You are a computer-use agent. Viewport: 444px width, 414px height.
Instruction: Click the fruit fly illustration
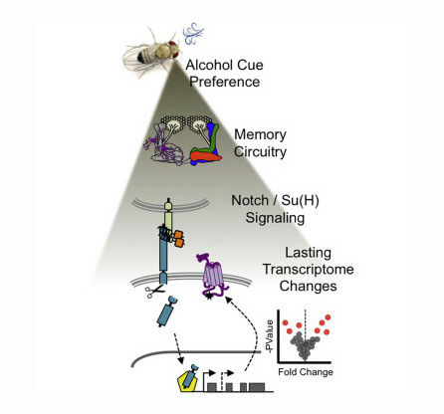151,52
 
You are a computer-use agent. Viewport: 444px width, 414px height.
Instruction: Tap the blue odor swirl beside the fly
193,34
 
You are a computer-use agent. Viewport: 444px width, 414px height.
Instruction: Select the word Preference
224,82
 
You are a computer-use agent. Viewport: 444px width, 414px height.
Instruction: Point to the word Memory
260,134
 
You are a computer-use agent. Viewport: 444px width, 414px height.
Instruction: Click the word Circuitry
260,152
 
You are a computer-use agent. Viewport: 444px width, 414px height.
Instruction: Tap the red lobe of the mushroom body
205,156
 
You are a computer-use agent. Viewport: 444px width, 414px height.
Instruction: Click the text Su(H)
300,200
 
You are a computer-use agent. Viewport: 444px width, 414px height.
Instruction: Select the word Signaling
275,218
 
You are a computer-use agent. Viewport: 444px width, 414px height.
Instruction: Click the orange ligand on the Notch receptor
178,239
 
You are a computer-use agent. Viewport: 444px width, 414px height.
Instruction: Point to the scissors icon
154,292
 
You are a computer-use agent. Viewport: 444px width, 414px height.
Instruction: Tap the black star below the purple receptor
209,297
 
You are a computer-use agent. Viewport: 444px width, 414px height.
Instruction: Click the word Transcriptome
309,269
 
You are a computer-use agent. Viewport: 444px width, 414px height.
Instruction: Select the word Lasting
308,253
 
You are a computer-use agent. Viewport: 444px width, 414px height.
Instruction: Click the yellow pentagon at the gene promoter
188,380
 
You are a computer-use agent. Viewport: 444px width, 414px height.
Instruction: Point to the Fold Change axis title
306,372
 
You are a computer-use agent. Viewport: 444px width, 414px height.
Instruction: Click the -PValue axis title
270,336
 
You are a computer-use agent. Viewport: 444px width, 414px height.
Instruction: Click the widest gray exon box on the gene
257,387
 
